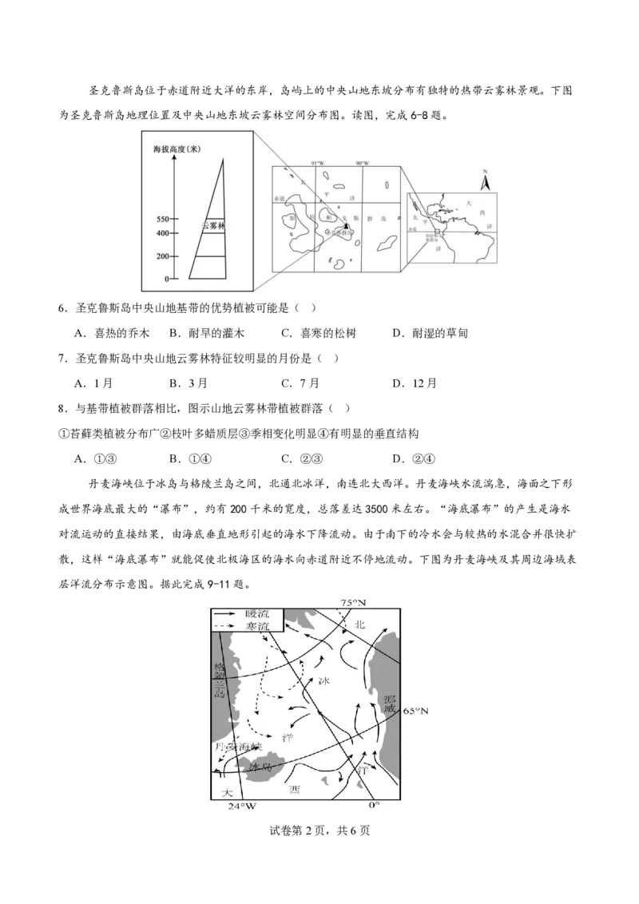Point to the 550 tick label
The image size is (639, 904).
(x=163, y=219)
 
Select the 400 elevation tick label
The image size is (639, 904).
(x=163, y=233)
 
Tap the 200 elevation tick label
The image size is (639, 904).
(x=163, y=256)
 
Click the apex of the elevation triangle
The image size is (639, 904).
(x=223, y=158)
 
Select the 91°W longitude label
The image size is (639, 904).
(x=317, y=164)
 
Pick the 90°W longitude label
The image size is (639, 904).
(x=362, y=164)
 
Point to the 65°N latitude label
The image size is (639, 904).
(x=415, y=710)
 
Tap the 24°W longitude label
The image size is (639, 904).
(x=241, y=807)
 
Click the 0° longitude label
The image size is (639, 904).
(x=373, y=805)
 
